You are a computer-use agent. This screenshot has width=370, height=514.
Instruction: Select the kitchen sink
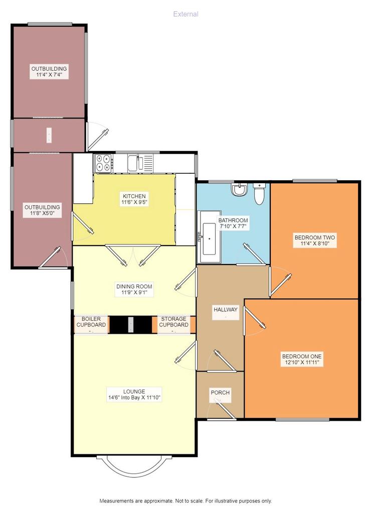(x=140, y=163)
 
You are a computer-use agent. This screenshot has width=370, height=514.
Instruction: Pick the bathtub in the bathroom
(x=209, y=237)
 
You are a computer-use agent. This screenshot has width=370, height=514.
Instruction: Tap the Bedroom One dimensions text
(x=302, y=362)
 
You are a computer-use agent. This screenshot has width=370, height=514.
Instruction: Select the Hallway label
(x=225, y=309)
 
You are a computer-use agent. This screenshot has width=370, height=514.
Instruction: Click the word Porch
(x=220, y=393)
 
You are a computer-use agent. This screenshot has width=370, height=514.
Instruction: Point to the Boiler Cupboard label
(x=91, y=322)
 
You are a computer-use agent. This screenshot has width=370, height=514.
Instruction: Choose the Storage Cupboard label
(x=173, y=322)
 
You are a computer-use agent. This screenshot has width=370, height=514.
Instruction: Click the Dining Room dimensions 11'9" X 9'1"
(x=134, y=293)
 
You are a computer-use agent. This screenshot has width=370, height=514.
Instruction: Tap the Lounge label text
(x=134, y=392)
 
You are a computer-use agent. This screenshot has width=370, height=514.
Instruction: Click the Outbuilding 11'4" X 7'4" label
(x=49, y=72)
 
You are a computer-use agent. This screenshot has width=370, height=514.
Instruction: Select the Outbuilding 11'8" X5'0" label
(x=42, y=210)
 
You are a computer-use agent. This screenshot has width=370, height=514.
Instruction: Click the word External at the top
(x=186, y=14)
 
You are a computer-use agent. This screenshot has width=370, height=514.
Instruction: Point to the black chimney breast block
(x=131, y=325)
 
